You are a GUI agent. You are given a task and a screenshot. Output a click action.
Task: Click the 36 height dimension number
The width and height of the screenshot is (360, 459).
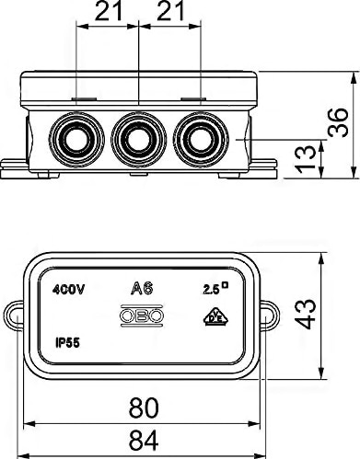pos(338,122)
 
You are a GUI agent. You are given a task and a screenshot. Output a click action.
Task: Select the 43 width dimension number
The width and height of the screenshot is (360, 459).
pos(305,314)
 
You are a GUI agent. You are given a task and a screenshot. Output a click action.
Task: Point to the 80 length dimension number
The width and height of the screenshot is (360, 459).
pos(144,407)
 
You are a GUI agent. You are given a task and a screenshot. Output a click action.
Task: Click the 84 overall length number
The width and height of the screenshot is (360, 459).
pos(144,441)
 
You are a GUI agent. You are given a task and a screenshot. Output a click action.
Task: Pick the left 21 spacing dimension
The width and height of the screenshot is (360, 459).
pos(109,11)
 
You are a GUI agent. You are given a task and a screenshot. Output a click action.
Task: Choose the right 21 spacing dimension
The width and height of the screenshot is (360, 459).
pos(170,11)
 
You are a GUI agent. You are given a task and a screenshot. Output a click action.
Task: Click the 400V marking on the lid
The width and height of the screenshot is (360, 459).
pos(68,290)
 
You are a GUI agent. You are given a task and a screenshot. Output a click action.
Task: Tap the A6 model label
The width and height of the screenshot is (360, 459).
pos(142,288)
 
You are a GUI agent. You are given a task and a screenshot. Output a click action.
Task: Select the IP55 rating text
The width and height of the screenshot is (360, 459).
pos(67,342)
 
